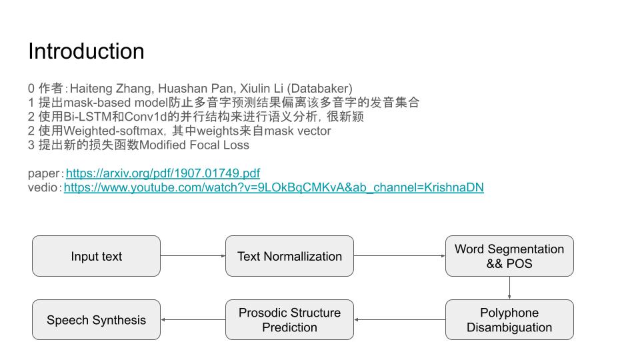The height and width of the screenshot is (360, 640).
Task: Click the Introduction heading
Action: tap(86, 51)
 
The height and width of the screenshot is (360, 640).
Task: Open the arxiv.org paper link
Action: tap(163, 173)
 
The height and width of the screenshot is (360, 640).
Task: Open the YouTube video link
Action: tap(274, 188)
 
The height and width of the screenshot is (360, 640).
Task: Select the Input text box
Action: tap(96, 256)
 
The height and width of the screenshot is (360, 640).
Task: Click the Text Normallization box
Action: tap(289, 256)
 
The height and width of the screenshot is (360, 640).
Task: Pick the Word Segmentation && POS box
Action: tap(509, 256)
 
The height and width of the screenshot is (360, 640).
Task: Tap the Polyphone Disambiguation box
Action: tap(509, 319)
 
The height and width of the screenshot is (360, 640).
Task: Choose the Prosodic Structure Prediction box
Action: tap(289, 319)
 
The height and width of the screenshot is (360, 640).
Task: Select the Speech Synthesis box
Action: tap(96, 319)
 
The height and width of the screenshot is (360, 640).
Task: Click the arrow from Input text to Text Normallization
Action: tap(193, 256)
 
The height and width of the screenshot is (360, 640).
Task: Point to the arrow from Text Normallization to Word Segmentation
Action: tap(399, 256)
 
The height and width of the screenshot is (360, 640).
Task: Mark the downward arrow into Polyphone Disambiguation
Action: tap(509, 288)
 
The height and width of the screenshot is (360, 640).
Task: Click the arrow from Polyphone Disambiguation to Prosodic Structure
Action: tap(399, 319)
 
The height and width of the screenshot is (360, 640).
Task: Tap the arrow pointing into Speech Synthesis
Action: tap(193, 319)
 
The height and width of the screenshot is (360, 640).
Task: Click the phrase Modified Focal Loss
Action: tap(194, 145)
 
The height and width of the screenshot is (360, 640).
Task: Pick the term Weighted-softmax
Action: tap(113, 131)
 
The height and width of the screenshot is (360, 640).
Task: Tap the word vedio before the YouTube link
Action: tap(43, 188)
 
